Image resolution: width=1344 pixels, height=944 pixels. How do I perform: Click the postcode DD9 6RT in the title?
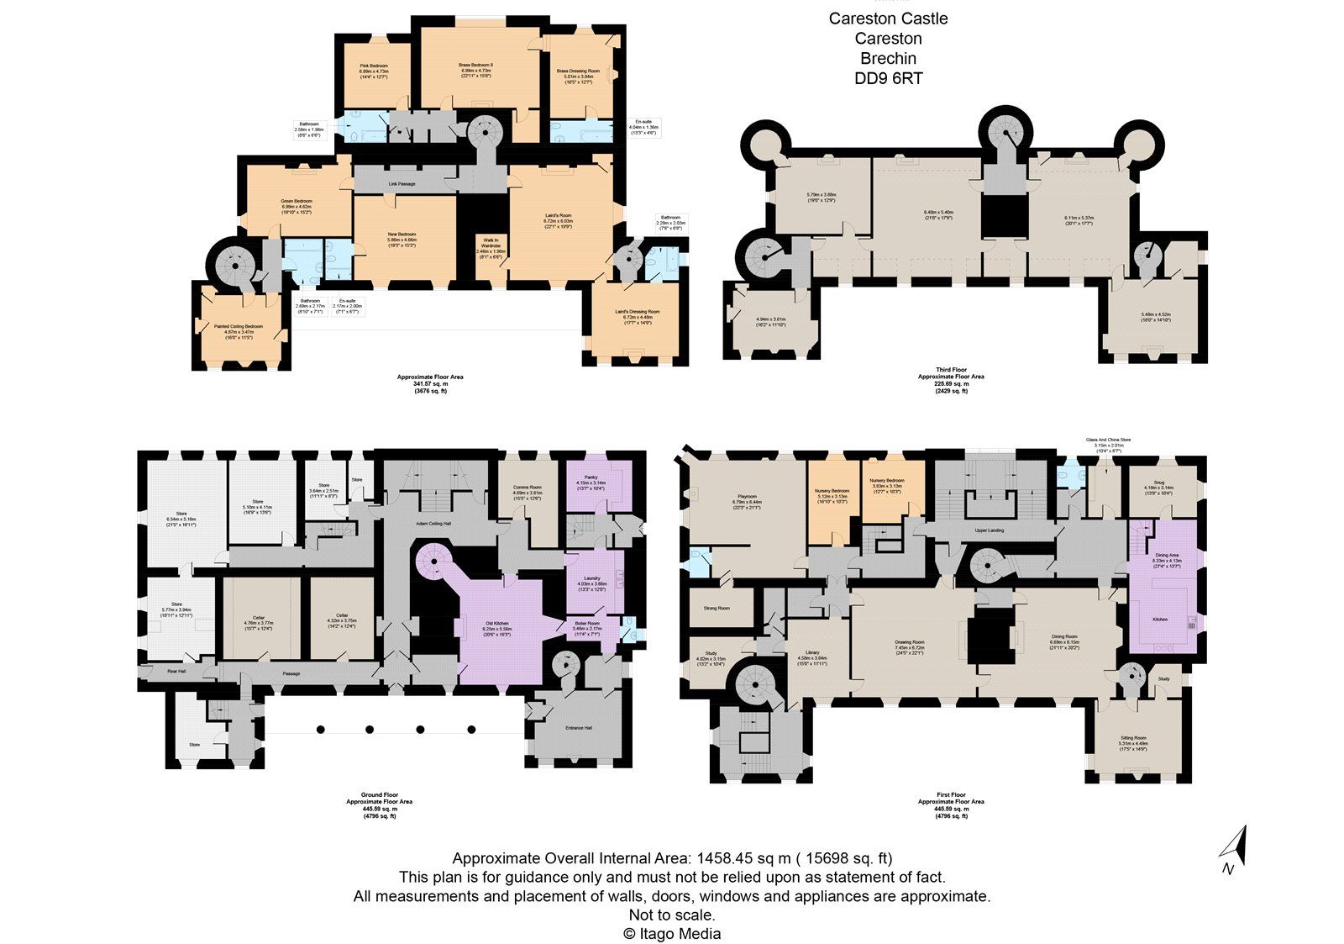coord(888,78)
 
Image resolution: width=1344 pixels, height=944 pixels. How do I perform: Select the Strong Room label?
coord(716,608)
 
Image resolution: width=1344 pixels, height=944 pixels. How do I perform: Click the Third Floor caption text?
coord(951,370)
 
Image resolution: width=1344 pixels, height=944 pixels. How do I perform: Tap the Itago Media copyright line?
coord(671,933)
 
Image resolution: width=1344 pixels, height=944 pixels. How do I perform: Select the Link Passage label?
coord(402,184)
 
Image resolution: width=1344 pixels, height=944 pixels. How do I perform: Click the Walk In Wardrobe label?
coord(491,245)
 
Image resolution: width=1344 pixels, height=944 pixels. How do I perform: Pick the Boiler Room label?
coord(586,625)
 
